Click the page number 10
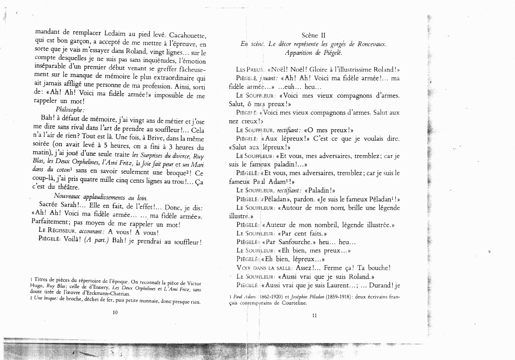[115, 311]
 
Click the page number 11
[314, 315]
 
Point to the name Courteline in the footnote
[292, 303]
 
